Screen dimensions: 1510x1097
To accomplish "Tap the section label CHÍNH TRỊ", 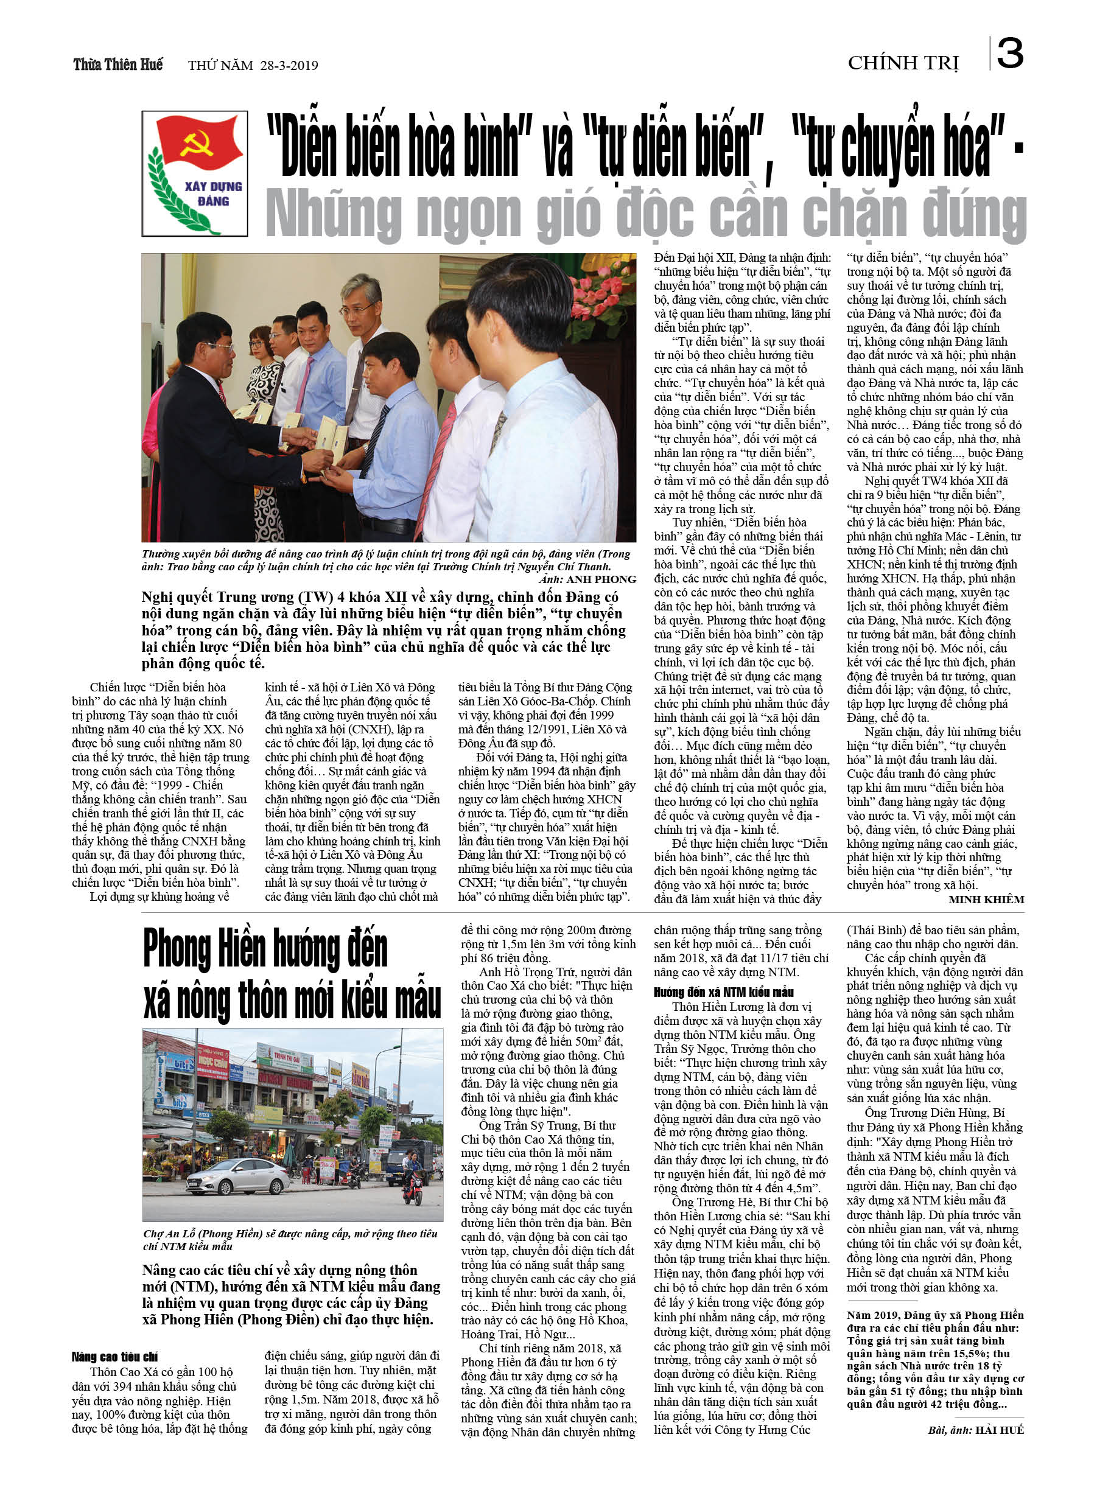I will (x=903, y=63).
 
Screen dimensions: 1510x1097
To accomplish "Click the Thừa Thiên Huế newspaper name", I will (x=118, y=65).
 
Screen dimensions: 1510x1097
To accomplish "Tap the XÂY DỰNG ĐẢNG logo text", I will (x=213, y=193).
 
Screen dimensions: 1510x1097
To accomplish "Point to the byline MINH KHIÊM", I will (x=986, y=900).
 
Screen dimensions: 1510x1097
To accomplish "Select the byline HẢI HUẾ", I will (x=999, y=1430).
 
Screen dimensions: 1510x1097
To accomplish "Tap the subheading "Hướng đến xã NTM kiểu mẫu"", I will (x=723, y=993).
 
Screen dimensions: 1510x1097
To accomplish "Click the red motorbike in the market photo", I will (x=413, y=1187).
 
